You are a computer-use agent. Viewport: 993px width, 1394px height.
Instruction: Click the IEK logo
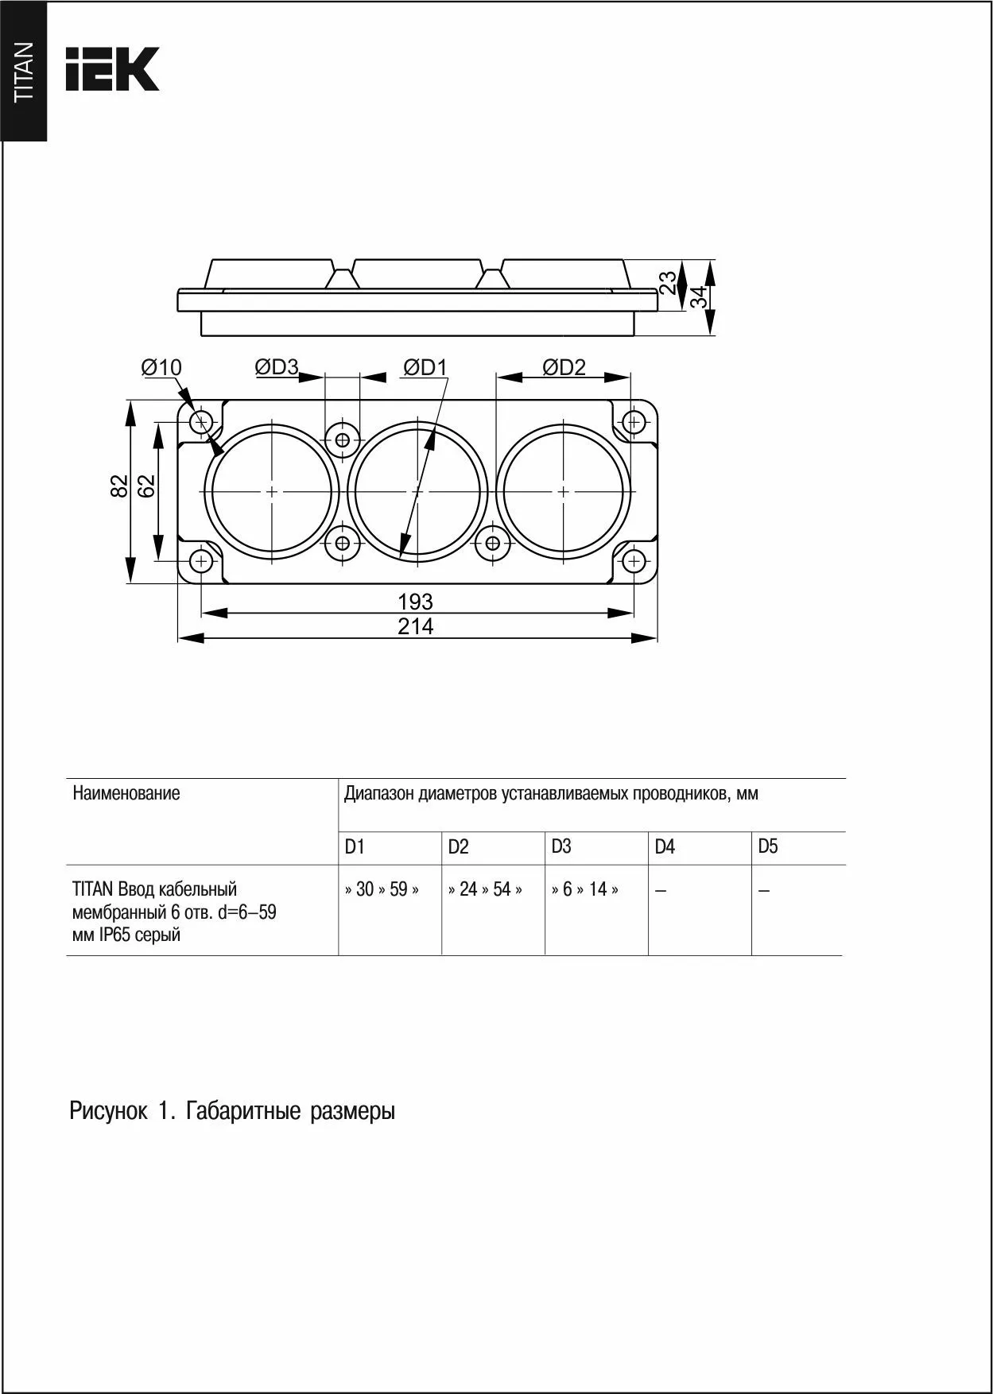point(112,68)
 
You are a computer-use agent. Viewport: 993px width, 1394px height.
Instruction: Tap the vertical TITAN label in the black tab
point(24,72)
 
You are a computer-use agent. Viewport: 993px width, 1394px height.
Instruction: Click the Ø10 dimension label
point(161,367)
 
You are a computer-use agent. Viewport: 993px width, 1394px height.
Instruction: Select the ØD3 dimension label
point(276,366)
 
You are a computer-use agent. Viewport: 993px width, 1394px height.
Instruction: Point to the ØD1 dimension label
point(425,366)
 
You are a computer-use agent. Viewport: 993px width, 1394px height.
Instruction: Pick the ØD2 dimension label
point(564,366)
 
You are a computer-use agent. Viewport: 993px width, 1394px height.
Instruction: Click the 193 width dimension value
point(415,602)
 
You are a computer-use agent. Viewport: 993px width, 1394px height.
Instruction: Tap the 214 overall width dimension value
point(415,627)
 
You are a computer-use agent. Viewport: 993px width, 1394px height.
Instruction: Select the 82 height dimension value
point(118,486)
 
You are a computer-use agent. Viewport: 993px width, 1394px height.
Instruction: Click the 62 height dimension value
point(146,486)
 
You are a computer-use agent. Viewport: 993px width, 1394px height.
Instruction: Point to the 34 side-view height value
point(699,298)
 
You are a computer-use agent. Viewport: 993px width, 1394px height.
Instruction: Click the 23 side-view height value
point(669,282)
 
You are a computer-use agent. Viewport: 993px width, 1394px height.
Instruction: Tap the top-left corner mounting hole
point(201,420)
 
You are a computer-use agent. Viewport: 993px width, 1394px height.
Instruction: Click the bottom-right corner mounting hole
point(633,562)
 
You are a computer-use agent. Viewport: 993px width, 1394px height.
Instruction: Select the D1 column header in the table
point(355,847)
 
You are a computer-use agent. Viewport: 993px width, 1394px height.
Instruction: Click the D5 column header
point(768,846)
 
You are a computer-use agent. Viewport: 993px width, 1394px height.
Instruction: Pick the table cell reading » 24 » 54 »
point(485,889)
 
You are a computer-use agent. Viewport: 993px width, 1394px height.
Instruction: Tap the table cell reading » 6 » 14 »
point(585,889)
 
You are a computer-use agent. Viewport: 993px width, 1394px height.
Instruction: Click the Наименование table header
point(126,793)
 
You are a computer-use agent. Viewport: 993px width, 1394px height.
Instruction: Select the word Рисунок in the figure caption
point(108,1111)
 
